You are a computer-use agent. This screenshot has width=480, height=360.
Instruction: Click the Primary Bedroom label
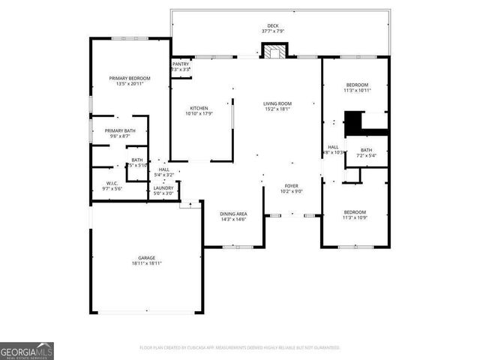click(129, 79)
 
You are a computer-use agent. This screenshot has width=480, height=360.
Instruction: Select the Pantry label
click(181, 64)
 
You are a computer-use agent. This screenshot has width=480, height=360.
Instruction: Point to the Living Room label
click(277, 103)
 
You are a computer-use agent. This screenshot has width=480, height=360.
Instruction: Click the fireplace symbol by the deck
click(273, 52)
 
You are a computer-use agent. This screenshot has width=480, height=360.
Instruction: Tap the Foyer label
click(292, 185)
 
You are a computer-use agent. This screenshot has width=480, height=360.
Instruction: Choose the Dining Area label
click(233, 214)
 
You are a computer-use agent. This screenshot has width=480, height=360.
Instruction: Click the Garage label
click(145, 258)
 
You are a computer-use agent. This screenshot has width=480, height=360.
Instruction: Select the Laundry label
click(163, 188)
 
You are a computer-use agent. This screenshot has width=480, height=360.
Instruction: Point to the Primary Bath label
click(120, 130)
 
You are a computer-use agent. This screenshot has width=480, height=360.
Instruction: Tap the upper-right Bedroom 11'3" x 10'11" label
click(356, 85)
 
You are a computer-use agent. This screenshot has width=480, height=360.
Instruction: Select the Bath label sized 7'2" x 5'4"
click(366, 150)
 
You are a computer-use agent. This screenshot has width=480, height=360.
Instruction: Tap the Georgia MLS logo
click(27, 351)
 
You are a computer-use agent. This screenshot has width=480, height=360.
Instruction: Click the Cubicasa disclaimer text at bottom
click(239, 348)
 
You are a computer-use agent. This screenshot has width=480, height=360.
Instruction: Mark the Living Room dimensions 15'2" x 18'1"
click(277, 109)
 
